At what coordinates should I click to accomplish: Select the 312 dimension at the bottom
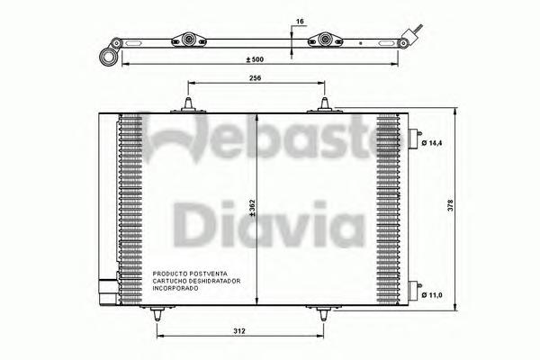236,330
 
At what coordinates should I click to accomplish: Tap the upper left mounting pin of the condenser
187,105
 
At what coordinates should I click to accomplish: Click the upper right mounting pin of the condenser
324,105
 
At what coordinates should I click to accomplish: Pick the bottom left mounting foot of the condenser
157,314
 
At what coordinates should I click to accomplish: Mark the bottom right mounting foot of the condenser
322,314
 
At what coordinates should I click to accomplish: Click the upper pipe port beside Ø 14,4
414,139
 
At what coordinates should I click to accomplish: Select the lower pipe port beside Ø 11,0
414,291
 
